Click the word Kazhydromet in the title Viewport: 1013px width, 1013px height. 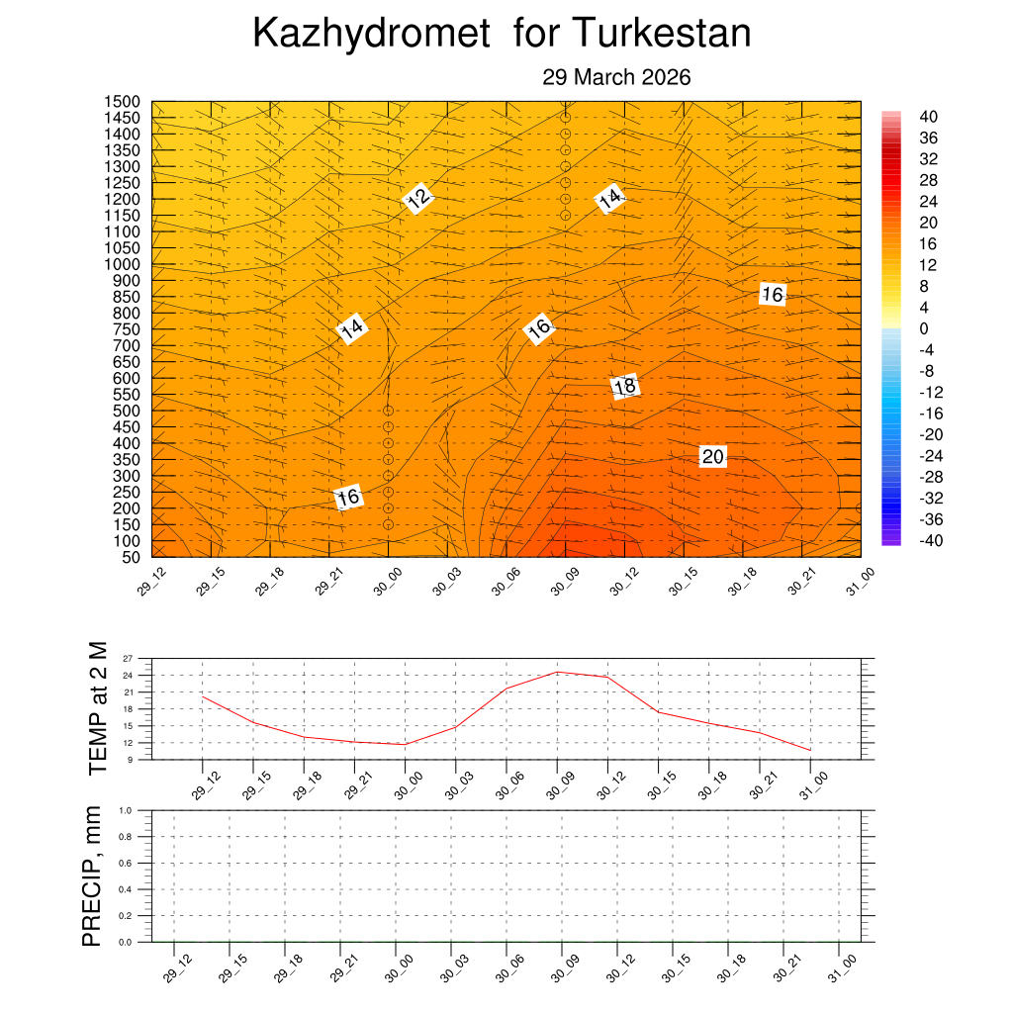[x=371, y=35]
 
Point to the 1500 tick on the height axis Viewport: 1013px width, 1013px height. [x=123, y=102]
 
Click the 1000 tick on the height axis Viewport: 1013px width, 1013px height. [x=123, y=264]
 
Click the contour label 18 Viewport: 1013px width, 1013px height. [x=624, y=387]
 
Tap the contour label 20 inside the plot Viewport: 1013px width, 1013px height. [x=712, y=456]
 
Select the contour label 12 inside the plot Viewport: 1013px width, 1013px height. [x=418, y=198]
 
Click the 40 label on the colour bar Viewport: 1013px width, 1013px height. [x=927, y=116]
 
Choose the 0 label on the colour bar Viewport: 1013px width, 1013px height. [x=924, y=328]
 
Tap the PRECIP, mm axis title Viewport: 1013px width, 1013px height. [x=92, y=876]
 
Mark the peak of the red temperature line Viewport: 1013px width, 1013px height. [x=558, y=672]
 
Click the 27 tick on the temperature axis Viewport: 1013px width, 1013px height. [x=128, y=658]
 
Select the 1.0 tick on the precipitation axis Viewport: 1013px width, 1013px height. [x=126, y=809]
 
